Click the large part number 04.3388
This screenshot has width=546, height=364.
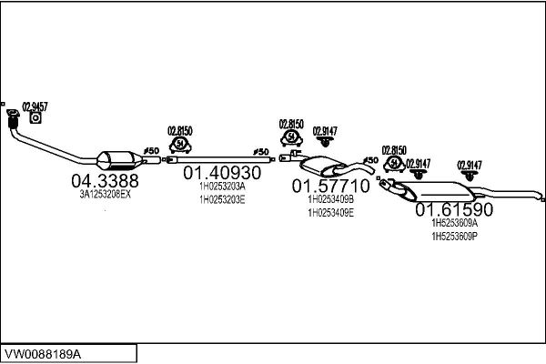click(x=105, y=181)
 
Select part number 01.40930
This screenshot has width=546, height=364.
click(x=222, y=172)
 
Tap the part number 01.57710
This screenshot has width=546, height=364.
click(x=330, y=186)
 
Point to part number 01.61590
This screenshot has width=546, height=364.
click(x=454, y=209)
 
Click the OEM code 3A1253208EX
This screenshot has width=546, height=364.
click(x=106, y=195)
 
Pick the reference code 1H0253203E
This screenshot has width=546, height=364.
click(x=222, y=200)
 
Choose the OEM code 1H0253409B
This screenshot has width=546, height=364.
click(x=331, y=199)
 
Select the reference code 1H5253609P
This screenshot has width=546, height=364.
click(x=454, y=237)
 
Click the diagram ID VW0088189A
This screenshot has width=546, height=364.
click(x=43, y=354)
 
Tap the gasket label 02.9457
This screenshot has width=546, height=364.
click(x=35, y=106)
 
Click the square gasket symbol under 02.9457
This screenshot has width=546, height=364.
click(x=35, y=117)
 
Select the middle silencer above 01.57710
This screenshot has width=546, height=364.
click(x=323, y=167)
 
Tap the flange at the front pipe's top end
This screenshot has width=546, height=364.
click(x=13, y=113)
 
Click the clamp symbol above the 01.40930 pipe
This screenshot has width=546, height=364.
click(x=180, y=145)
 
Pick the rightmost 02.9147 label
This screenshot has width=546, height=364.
click(x=470, y=165)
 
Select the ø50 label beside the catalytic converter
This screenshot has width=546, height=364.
click(x=151, y=151)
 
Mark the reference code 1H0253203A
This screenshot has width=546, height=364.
click(x=222, y=187)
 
